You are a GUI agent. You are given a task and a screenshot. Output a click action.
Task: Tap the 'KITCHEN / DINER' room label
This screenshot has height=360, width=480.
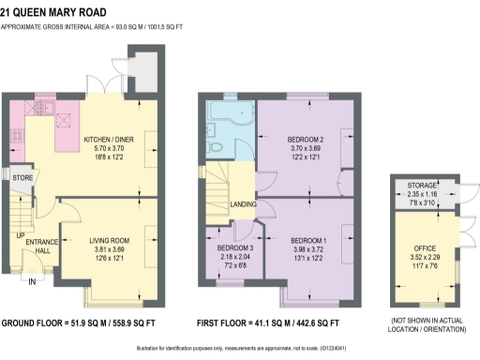pyautogui.click(x=108, y=141)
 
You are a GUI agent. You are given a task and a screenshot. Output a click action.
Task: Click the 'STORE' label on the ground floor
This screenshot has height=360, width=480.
pyautogui.click(x=23, y=176)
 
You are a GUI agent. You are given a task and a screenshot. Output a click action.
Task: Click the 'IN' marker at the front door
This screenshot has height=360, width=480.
pyautogui.click(x=33, y=281)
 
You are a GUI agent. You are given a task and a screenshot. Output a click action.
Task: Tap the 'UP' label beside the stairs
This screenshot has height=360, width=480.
pyautogui.click(x=19, y=235)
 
